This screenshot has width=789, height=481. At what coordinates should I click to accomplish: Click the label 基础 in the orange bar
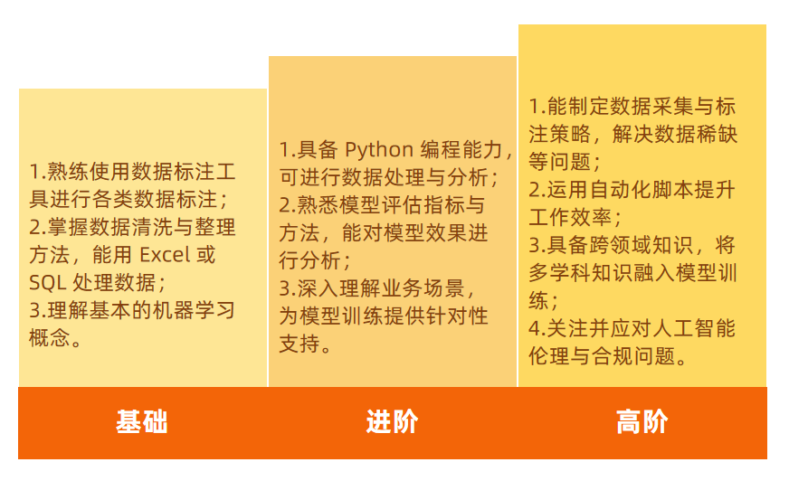(x=142, y=422)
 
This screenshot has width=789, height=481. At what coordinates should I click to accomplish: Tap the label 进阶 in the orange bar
(x=392, y=422)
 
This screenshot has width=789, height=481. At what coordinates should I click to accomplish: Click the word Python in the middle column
(x=379, y=149)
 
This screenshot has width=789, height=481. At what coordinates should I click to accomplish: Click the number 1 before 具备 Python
(x=284, y=149)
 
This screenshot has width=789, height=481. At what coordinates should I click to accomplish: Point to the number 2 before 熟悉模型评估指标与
(x=285, y=205)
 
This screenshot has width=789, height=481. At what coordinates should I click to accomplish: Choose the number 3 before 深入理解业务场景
(x=285, y=288)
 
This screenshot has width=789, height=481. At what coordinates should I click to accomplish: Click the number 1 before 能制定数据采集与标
(x=535, y=106)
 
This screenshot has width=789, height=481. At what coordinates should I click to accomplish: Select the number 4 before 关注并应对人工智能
(x=535, y=328)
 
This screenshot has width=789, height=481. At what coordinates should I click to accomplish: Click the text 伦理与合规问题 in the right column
(x=602, y=356)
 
